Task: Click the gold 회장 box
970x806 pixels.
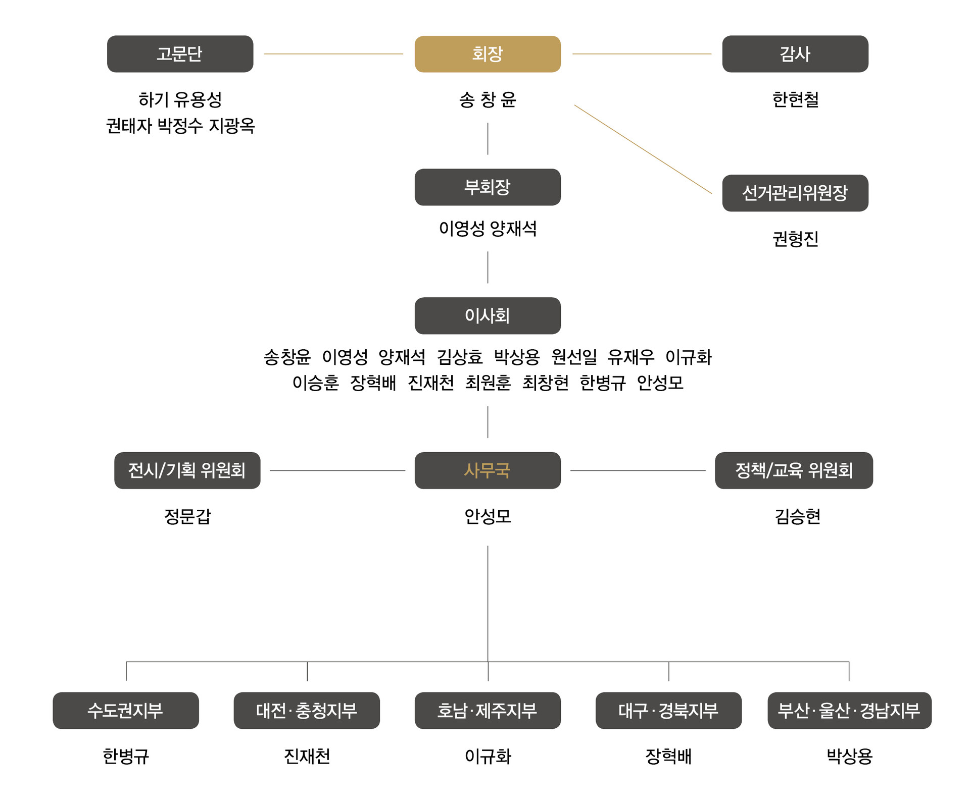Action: pyautogui.click(x=488, y=54)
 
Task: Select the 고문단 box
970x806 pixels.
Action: pyautogui.click(x=180, y=54)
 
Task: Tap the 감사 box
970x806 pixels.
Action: pyautogui.click(x=795, y=54)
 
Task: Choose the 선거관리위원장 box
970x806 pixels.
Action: pyautogui.click(x=795, y=193)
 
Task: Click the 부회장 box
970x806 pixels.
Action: pyautogui.click(x=488, y=187)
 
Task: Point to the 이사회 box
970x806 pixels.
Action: pyautogui.click(x=488, y=316)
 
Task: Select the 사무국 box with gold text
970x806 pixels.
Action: pyautogui.click(x=488, y=470)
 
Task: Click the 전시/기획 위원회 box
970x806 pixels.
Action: pyautogui.click(x=187, y=470)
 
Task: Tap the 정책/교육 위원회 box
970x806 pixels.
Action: pyautogui.click(x=794, y=470)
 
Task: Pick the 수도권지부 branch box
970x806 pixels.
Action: pyautogui.click(x=125, y=711)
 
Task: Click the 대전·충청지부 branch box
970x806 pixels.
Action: pyautogui.click(x=307, y=711)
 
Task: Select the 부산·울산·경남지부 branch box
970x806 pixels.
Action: pyautogui.click(x=849, y=711)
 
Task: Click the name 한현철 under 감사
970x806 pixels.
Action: pyautogui.click(x=795, y=99)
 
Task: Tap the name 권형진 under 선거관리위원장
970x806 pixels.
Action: pyautogui.click(x=795, y=239)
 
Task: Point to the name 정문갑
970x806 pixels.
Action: pyautogui.click(x=187, y=516)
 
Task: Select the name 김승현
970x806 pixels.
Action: pyautogui.click(x=797, y=516)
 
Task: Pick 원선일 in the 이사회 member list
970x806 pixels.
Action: pyautogui.click(x=574, y=357)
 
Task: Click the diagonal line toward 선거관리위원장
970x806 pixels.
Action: pyautogui.click(x=643, y=149)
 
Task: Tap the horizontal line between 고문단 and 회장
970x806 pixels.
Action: pyautogui.click(x=333, y=54)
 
